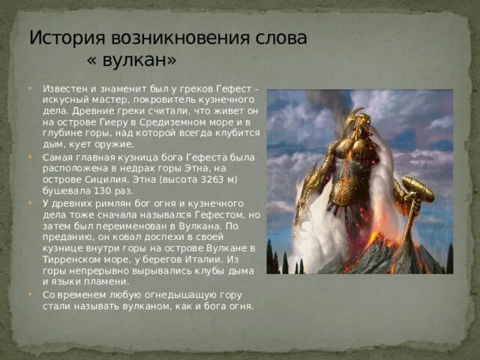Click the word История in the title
coord(67,37)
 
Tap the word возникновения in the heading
coord(184,37)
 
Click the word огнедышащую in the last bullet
coord(158,295)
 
